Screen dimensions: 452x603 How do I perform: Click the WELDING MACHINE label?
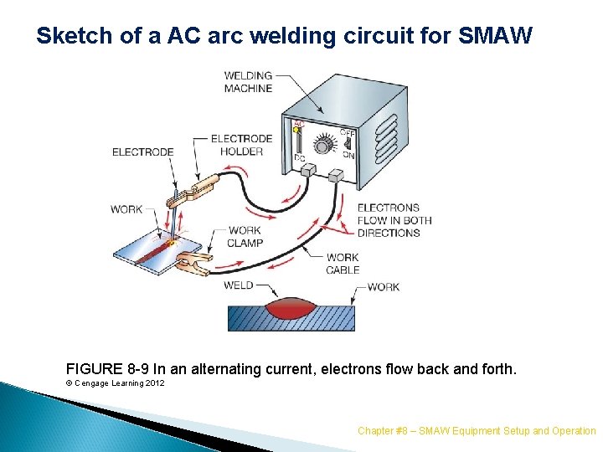249,82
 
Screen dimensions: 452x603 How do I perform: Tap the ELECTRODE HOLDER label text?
241,145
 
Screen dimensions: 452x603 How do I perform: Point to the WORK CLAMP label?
245,236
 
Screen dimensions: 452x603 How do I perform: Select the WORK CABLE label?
343,264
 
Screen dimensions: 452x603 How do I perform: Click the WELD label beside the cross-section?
238,285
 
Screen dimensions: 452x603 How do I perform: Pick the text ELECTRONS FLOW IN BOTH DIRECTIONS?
394,220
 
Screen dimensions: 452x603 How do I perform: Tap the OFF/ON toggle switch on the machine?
346,143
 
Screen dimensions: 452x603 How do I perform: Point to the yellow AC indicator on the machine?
296,130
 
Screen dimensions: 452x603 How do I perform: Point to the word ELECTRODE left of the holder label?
143,152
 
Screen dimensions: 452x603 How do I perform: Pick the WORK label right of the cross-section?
383,287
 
